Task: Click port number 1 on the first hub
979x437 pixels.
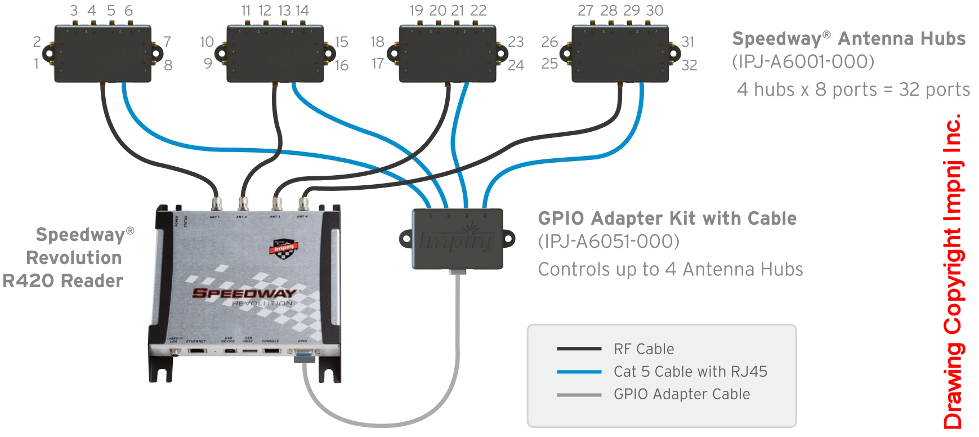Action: pyautogui.click(x=37, y=63)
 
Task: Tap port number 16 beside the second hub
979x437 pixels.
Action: pyautogui.click(x=342, y=65)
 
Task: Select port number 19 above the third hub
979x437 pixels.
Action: pyautogui.click(x=416, y=11)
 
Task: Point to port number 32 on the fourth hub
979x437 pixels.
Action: pyautogui.click(x=689, y=65)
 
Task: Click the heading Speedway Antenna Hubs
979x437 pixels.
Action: pyautogui.click(x=848, y=38)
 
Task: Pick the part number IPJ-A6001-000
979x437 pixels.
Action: pyautogui.click(x=803, y=61)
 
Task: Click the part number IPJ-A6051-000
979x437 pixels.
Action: pyautogui.click(x=609, y=241)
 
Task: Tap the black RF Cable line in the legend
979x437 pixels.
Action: pyautogui.click(x=579, y=349)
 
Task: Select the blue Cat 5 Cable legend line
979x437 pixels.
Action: pyautogui.click(x=579, y=372)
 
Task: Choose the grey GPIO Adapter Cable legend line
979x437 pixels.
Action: pyautogui.click(x=579, y=395)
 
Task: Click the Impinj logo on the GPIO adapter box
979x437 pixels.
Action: pyautogui.click(x=457, y=241)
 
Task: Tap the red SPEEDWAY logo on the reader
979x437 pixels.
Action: pyautogui.click(x=244, y=293)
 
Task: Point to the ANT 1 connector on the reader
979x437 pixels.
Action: pyautogui.click(x=215, y=203)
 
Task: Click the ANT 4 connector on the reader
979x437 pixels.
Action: pyautogui.click(x=303, y=203)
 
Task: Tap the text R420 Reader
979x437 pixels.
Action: pyautogui.click(x=62, y=280)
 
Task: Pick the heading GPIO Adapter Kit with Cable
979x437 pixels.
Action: pyautogui.click(x=667, y=218)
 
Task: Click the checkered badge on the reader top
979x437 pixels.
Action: pyautogui.click(x=284, y=248)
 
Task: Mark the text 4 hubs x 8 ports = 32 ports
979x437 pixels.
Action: pyautogui.click(x=853, y=90)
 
